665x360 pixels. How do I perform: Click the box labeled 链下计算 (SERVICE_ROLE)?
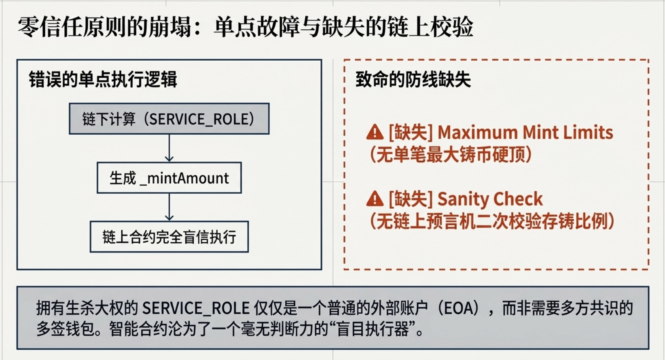pos(169,119)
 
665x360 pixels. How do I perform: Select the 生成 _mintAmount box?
pos(169,178)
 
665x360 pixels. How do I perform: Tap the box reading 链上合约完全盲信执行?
pos(169,237)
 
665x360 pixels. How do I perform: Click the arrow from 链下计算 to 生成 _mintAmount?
pos(169,148)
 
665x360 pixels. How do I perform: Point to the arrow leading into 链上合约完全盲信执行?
pos(169,207)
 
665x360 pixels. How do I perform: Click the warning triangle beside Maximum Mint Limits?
pos(375,132)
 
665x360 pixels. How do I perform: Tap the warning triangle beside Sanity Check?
pos(375,199)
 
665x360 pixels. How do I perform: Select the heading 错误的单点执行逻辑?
pos(103,79)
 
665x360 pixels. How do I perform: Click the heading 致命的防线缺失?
pos(413,79)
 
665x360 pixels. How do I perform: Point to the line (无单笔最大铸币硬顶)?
pos(451,155)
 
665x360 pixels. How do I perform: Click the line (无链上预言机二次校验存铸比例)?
pos(492,221)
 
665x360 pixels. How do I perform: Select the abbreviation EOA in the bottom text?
pos(458,309)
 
